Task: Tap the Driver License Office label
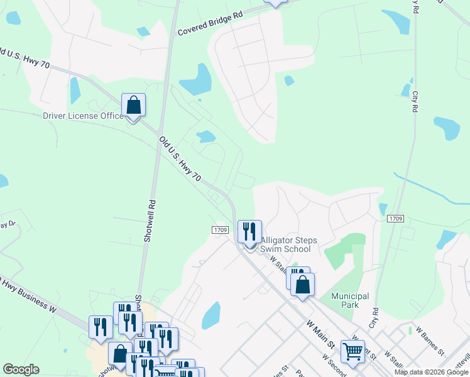point(83,116)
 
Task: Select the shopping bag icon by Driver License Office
point(133,105)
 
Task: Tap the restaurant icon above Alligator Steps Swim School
point(249,232)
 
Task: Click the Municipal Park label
point(350,300)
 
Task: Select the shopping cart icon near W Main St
point(352,352)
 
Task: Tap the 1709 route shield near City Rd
point(395,219)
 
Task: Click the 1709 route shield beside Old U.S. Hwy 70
point(219,231)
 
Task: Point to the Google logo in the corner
point(21,369)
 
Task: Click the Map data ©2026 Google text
point(432,372)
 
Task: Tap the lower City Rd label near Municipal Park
point(375,317)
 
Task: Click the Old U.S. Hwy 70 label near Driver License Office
point(180,160)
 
